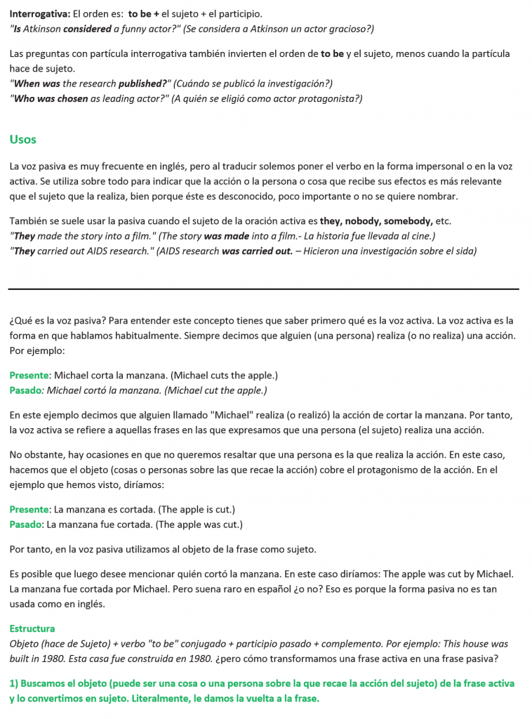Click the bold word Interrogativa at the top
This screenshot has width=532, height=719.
[39, 13]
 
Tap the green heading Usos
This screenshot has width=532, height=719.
[23, 139]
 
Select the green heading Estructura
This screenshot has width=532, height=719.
[32, 628]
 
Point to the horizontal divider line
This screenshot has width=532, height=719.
[264, 289]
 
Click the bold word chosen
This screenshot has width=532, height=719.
[72, 98]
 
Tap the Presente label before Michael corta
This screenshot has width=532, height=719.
[29, 375]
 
